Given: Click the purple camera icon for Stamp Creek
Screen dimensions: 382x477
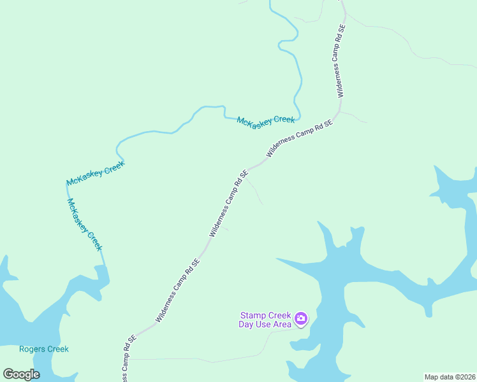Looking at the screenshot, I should tap(301, 318).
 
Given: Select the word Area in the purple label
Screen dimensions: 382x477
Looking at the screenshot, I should tap(281, 325).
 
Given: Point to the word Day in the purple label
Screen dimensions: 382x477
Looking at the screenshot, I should tap(238, 325).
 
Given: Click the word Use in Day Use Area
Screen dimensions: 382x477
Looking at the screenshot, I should tap(259, 325).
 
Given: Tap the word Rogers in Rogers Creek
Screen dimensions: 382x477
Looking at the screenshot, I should tap(32, 349).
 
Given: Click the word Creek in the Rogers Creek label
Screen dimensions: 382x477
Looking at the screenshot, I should tap(57, 349).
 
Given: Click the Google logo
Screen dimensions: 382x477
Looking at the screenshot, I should tap(21, 374).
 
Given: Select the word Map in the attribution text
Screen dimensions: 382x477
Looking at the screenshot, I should tap(432, 377).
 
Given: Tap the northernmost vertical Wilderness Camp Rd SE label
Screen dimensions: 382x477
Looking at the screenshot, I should tap(339, 61).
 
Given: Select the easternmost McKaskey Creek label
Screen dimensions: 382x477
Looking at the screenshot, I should tap(266, 120).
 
